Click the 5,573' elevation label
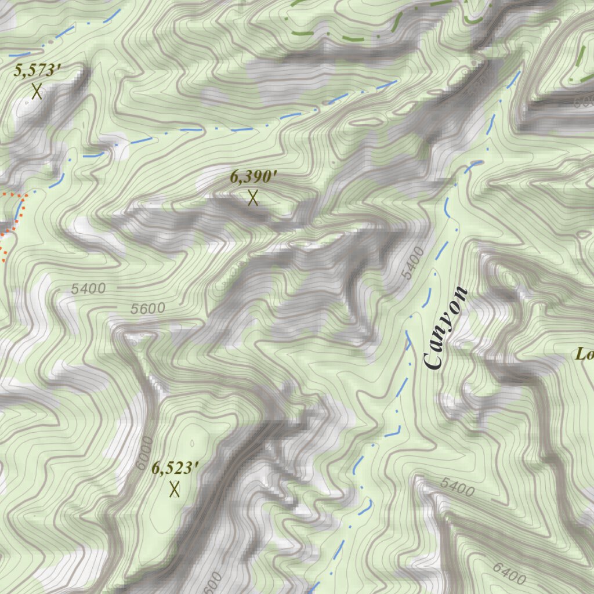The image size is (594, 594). pyautogui.click(x=38, y=71)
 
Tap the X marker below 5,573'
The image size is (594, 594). pyautogui.click(x=37, y=91)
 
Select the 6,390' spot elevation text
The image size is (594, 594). pyautogui.click(x=250, y=177)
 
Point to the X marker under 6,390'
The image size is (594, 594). pyautogui.click(x=252, y=198)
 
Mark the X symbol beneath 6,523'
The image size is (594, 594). pyautogui.click(x=174, y=489)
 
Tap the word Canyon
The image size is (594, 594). pyautogui.click(x=445, y=328)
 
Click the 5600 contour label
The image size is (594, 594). pyautogui.click(x=147, y=309)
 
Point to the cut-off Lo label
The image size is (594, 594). pyautogui.click(x=584, y=354)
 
